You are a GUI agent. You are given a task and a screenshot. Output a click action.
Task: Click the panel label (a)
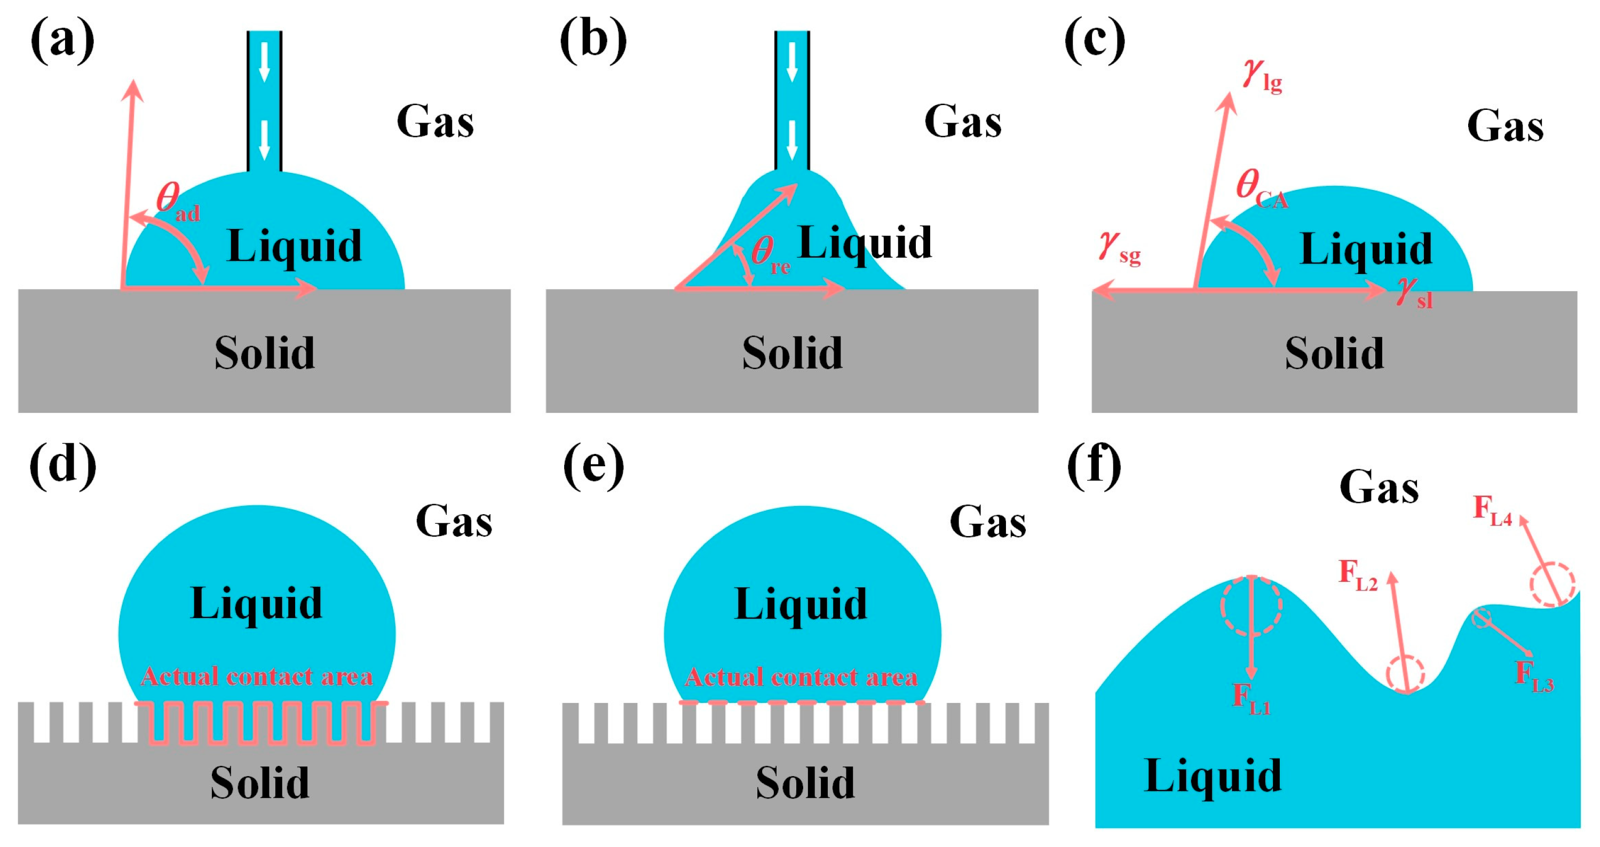[x=62, y=41]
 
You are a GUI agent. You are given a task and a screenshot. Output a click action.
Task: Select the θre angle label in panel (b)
[x=770, y=254]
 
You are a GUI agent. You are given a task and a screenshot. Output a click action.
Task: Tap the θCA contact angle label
[x=1261, y=189]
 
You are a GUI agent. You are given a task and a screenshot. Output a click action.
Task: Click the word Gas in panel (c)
[x=1505, y=126]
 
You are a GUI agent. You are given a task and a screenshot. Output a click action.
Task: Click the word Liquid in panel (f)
[x=1213, y=776]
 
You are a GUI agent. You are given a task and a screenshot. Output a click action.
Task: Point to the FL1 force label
[x=1251, y=699]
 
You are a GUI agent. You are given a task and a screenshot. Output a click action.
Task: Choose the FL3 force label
[x=1534, y=676]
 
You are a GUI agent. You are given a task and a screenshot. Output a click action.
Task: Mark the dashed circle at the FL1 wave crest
[x=1251, y=605]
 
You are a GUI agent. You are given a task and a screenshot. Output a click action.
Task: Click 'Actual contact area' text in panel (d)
[x=257, y=676]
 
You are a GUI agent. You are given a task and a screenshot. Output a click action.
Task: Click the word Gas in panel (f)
[x=1379, y=487]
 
